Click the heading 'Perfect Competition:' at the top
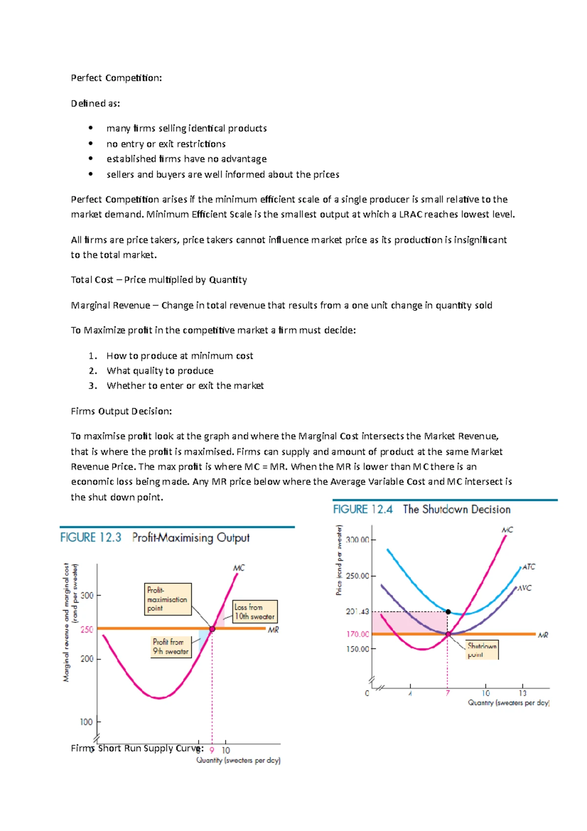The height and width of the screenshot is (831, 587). click(116, 78)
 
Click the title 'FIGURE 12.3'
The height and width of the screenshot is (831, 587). click(90, 537)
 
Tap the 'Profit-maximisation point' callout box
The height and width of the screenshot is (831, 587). click(167, 599)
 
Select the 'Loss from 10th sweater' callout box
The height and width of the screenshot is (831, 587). click(254, 612)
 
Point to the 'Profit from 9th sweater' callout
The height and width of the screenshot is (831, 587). click(170, 646)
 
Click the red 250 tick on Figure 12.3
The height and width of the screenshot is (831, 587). click(87, 629)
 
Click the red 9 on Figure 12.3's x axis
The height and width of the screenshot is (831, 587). click(212, 750)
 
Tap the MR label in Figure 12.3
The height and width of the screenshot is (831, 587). click(273, 630)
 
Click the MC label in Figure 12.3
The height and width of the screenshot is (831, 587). click(239, 568)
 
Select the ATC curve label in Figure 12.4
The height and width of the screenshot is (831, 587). click(529, 567)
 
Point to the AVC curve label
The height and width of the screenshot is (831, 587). click(524, 588)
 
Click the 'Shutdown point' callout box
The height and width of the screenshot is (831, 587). click(481, 650)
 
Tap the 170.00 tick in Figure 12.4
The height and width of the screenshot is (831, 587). click(358, 634)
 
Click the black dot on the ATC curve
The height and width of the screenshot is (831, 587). click(448, 612)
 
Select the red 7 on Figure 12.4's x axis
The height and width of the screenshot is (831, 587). click(448, 693)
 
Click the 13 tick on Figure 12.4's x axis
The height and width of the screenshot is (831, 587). click(522, 693)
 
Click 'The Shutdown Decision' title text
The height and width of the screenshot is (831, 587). click(456, 509)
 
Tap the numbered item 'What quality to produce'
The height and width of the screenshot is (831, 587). click(160, 370)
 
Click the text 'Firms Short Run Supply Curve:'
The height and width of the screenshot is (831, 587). click(137, 748)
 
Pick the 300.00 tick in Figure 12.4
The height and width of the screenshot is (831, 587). click(358, 540)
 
